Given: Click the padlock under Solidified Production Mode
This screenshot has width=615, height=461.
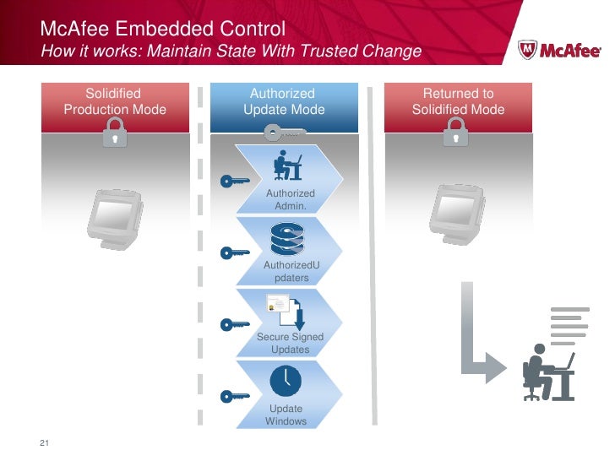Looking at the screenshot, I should point(113,133).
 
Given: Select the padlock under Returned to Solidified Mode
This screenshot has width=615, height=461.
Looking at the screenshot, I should point(456,133).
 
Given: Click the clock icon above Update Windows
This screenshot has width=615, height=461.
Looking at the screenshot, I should point(286,382).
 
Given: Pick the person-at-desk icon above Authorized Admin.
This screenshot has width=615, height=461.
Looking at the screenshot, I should point(288,166).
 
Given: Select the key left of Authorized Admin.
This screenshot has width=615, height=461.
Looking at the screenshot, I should point(233,181).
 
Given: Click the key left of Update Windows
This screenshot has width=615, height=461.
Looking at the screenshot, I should point(233,395).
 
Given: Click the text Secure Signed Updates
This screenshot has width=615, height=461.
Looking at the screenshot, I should point(290,343).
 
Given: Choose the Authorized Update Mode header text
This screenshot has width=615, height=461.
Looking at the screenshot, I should point(283,101).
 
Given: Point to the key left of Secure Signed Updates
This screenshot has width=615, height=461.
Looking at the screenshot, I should point(233,324).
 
